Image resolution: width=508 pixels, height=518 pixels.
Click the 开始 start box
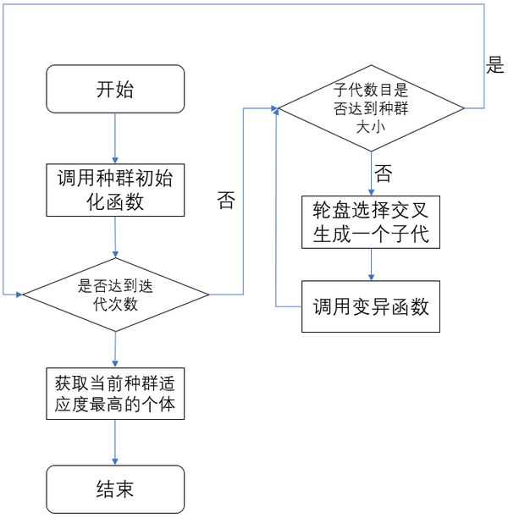tap(114, 88)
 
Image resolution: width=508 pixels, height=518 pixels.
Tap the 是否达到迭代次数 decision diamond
tap(115, 295)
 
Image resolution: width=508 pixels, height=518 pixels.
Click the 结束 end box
tap(114, 488)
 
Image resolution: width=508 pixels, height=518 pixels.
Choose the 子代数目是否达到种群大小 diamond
tap(371, 108)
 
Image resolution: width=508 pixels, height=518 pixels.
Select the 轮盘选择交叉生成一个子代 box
tap(371, 222)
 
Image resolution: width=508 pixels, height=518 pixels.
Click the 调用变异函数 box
tap(371, 306)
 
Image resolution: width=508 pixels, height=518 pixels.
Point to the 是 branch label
tap(494, 67)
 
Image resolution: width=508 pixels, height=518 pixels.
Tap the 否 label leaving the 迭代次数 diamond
tap(226, 201)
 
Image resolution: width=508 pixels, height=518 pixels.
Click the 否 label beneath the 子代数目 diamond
tap(383, 175)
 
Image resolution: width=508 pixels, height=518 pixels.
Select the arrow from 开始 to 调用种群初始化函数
tap(114, 137)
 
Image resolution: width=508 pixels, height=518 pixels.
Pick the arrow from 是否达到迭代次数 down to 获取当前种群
tap(114, 347)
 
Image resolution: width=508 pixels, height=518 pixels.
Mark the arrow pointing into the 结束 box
tap(114, 444)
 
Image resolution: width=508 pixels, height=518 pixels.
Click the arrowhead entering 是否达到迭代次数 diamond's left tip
tap(18, 295)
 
